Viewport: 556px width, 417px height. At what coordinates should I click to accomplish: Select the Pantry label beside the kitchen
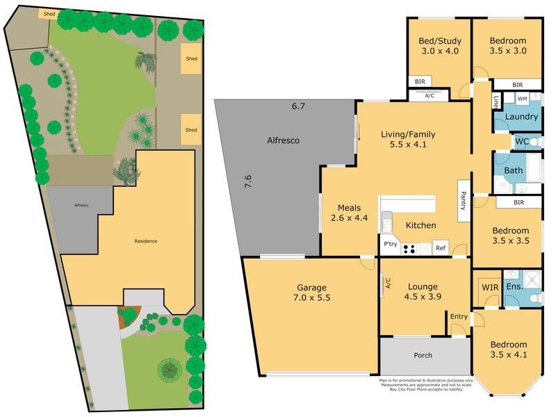click(x=462, y=201)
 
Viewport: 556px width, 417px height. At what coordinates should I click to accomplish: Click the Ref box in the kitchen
click(x=439, y=247)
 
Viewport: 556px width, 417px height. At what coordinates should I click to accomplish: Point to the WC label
click(x=523, y=142)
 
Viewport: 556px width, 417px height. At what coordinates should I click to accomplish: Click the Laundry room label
click(x=521, y=117)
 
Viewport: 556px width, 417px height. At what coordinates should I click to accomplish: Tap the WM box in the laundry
click(x=521, y=99)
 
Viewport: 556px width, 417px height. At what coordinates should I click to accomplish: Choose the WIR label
click(x=489, y=286)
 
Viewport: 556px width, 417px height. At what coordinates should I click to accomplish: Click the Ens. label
click(x=514, y=286)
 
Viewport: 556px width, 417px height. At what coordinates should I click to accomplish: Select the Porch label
click(x=423, y=355)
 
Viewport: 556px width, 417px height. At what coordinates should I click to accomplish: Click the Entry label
click(x=459, y=317)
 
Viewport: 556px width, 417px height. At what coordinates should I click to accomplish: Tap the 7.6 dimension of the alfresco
click(x=247, y=182)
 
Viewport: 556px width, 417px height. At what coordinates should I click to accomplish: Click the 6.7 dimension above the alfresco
click(x=298, y=106)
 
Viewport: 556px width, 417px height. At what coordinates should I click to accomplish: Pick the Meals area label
click(x=349, y=208)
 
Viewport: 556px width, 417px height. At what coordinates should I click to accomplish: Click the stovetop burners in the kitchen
click(x=409, y=247)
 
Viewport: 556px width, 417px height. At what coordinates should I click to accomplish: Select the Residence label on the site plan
click(x=146, y=241)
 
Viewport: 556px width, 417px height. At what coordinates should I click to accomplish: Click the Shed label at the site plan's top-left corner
click(x=49, y=14)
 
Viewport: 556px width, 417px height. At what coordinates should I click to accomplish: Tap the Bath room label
click(x=514, y=170)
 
